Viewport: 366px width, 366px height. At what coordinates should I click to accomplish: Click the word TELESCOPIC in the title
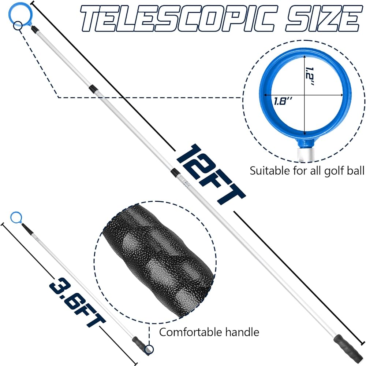pos(179,18)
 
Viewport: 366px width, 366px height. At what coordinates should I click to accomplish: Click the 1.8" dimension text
pos(283,101)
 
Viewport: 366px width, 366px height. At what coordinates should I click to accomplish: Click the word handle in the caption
pos(242,332)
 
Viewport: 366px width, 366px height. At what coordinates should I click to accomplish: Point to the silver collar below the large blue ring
pos(305,154)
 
